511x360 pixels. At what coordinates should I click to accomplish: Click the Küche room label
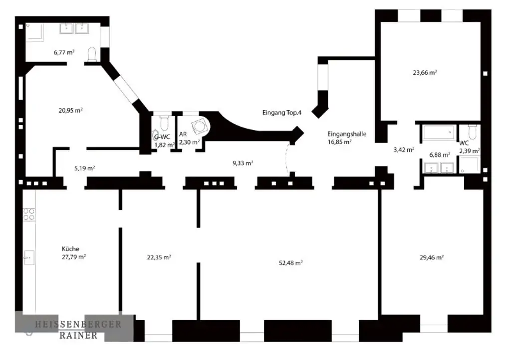click(70, 249)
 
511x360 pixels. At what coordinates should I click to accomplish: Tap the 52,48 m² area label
click(291, 263)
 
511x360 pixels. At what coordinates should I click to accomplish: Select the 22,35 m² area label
click(159, 257)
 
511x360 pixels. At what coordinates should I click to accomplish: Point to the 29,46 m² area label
click(432, 258)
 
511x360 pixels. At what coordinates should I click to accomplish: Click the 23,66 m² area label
click(425, 72)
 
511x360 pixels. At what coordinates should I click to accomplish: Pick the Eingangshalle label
click(347, 134)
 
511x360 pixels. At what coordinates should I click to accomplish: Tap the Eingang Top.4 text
click(282, 113)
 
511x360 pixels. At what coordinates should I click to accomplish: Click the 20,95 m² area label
click(70, 110)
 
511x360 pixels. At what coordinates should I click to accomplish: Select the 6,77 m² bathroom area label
click(64, 51)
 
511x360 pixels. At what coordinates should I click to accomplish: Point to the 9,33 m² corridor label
click(243, 163)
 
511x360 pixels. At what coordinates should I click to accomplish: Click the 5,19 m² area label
click(84, 168)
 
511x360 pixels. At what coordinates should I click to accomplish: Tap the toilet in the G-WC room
click(164, 123)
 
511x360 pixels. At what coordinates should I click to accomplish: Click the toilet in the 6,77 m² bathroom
click(92, 54)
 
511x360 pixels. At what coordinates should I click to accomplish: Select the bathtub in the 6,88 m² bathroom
click(438, 133)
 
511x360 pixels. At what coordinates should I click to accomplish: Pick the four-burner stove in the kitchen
click(29, 214)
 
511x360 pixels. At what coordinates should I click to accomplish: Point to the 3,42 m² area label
click(404, 149)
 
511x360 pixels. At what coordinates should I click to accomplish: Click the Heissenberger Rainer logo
click(77, 329)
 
